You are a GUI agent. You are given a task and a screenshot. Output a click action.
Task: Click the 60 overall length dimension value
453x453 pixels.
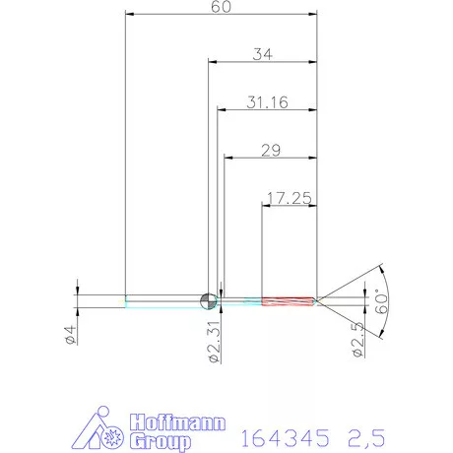(x=221, y=7)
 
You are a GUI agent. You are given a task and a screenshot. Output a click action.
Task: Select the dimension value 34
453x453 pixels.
(x=262, y=54)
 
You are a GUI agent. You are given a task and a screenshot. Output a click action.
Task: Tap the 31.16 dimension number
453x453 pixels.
(x=267, y=102)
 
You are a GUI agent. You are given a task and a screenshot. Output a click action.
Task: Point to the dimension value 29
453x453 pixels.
(x=271, y=151)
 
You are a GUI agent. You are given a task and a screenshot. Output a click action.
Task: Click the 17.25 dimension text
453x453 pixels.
(x=290, y=198)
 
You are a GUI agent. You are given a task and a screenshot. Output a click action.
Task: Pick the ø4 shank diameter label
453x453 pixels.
(x=71, y=335)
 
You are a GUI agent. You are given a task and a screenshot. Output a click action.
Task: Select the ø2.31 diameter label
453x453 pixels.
(x=214, y=342)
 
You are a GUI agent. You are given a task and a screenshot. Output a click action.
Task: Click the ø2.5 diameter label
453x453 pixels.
(x=357, y=340)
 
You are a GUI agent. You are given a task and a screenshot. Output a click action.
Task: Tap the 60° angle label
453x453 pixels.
(x=381, y=301)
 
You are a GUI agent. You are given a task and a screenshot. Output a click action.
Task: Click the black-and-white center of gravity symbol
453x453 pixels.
(x=209, y=301)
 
